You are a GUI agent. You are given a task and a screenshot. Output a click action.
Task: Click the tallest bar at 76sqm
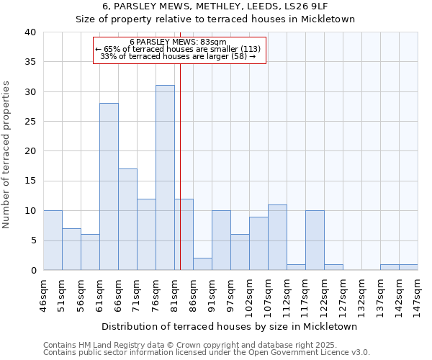165,178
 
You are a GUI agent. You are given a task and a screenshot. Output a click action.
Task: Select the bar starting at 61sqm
109,186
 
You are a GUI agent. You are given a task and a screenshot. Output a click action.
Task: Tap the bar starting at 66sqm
127,220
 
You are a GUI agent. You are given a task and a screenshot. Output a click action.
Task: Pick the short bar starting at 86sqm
202,264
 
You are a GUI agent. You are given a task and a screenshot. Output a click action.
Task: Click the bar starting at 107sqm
277,238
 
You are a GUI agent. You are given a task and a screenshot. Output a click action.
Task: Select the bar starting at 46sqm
53,240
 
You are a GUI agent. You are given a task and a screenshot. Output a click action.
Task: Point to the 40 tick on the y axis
30,32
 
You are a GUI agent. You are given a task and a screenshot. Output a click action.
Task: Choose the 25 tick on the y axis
30,122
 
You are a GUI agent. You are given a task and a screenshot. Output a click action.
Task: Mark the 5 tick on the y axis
33,240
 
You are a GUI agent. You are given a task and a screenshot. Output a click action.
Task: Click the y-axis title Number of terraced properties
7,155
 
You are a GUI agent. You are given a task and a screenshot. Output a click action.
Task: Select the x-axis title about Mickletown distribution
230,326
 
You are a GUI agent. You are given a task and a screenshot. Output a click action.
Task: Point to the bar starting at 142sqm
390,267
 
